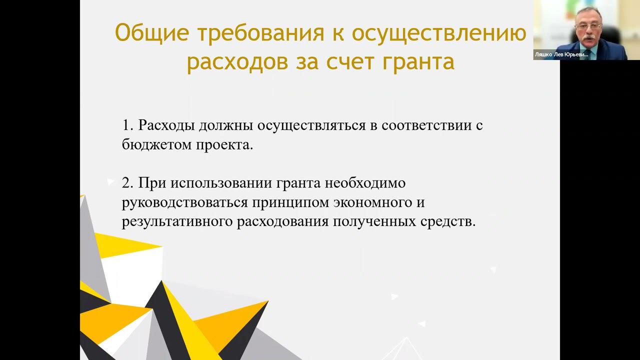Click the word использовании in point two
click(x=220, y=183)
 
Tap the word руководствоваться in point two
click(x=184, y=202)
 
